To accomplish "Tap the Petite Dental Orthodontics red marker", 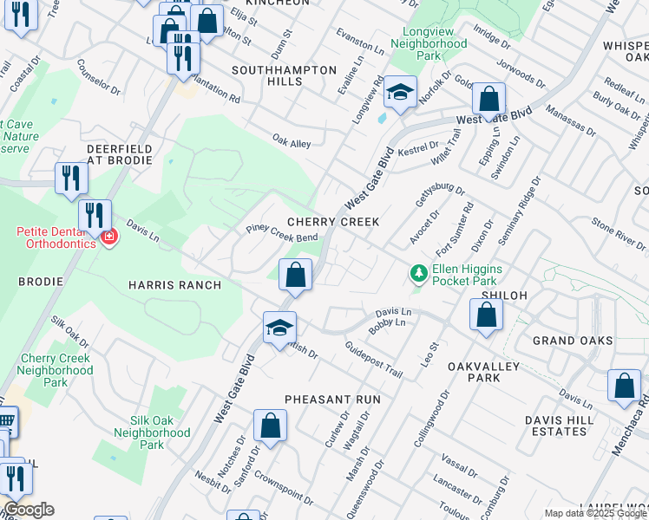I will [x=108, y=237].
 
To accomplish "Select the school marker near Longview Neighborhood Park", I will [x=400, y=93].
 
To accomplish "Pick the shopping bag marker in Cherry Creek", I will [x=295, y=276].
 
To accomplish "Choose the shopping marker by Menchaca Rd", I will [x=624, y=387].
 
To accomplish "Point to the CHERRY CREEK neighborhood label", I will [x=333, y=222].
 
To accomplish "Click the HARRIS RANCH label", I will [x=174, y=285].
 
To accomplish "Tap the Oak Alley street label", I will [x=291, y=140].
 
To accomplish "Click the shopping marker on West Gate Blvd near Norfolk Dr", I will [x=489, y=101].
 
